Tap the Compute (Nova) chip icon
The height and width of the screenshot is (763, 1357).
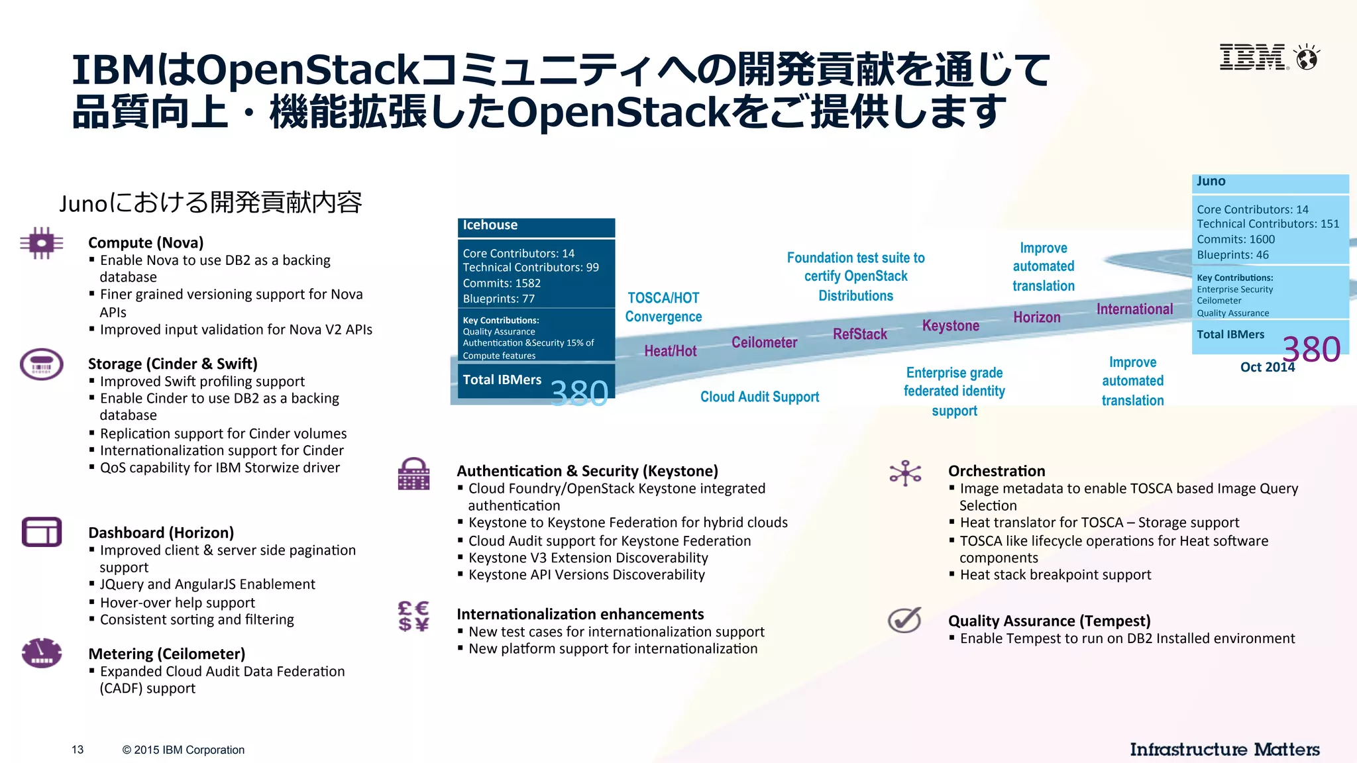point(42,244)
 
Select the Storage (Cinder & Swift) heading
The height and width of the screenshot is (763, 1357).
point(172,364)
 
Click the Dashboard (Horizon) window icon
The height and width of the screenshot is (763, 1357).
point(42,532)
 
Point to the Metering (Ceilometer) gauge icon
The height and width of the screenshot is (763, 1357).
point(42,653)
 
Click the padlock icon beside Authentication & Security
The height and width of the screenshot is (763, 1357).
point(414,474)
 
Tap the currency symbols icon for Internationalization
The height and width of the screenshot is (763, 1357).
point(413,616)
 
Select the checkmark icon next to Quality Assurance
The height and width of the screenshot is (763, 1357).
point(904,620)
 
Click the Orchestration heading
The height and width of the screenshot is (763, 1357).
point(997,471)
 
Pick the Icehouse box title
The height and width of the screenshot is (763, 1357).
point(490,225)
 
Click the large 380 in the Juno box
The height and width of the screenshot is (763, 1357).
point(1311,349)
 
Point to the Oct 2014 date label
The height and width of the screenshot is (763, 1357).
point(1267,367)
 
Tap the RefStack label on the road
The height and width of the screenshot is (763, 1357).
point(859,334)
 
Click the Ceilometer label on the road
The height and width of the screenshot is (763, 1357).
point(764,342)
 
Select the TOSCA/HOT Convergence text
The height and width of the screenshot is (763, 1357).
point(663,307)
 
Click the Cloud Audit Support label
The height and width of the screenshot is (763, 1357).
point(759,397)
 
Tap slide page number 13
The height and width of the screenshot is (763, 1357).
point(78,750)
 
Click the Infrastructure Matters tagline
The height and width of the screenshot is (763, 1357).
point(1224,749)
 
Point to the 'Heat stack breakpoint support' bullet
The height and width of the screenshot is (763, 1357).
point(1055,575)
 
